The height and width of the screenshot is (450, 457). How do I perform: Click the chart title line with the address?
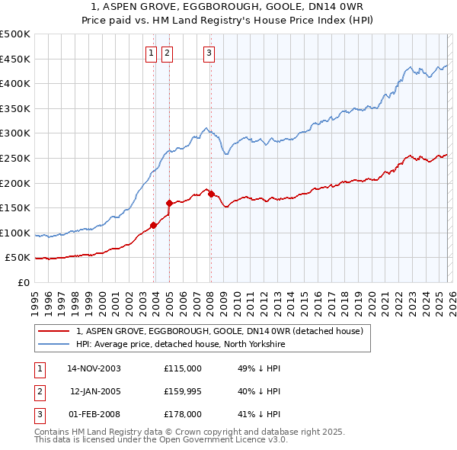tap(228, 8)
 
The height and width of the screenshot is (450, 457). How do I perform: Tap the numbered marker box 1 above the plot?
tap(151, 53)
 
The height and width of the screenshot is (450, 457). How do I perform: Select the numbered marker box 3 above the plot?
tap(209, 53)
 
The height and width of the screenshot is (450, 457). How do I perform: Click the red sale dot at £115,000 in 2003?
tap(154, 225)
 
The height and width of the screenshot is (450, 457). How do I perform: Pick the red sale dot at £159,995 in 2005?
tap(169, 203)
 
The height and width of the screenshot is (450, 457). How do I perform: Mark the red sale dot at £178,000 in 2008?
tap(211, 194)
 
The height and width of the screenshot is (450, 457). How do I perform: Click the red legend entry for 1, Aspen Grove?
tap(221, 331)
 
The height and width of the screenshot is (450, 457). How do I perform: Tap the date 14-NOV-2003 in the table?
tap(94, 368)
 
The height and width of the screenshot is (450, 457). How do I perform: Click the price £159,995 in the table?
tap(183, 391)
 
